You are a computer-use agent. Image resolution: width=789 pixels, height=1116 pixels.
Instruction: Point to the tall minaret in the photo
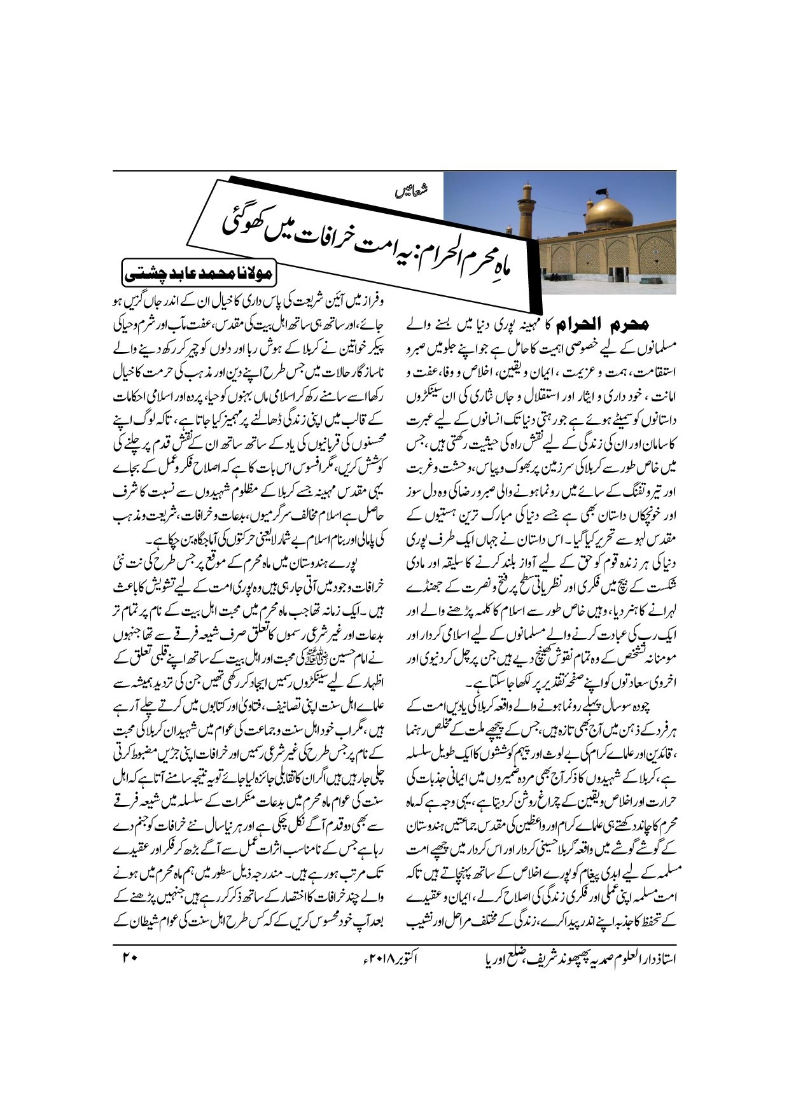point(527,210)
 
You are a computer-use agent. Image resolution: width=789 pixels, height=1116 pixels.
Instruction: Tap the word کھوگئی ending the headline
point(245,219)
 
